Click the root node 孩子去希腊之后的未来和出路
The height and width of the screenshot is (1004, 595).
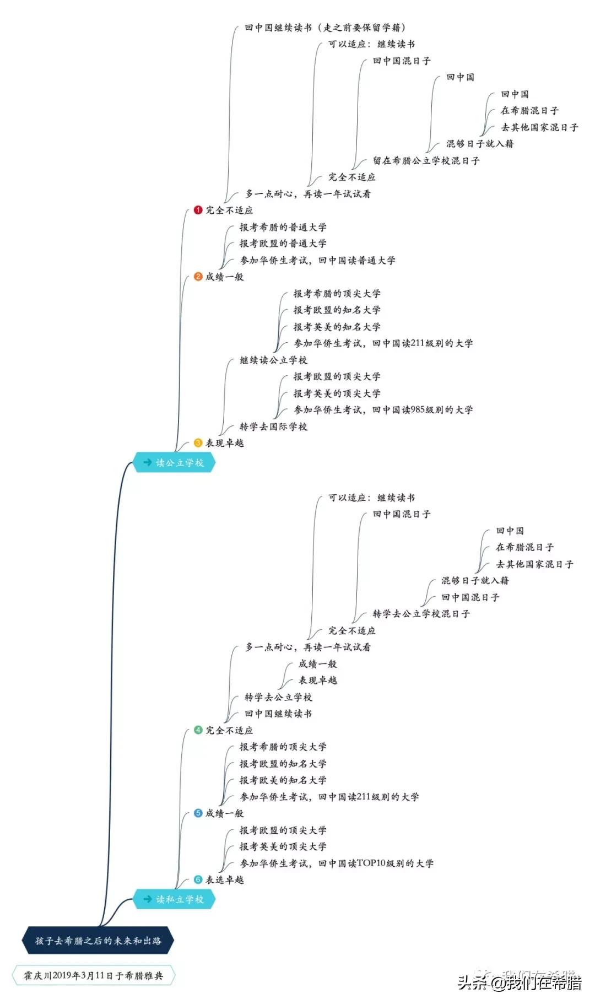click(98, 941)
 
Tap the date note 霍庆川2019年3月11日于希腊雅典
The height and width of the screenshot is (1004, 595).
click(93, 975)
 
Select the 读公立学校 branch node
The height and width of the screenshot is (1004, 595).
click(174, 462)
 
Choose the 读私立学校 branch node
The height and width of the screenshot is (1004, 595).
click(174, 899)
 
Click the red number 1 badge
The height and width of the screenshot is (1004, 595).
click(198, 210)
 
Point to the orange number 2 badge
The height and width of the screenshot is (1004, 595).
click(198, 277)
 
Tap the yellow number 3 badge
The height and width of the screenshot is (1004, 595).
click(198, 442)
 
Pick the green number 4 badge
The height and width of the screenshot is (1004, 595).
click(198, 730)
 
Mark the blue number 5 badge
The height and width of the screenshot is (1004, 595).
click(198, 813)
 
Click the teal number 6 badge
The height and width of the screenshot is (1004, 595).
click(198, 879)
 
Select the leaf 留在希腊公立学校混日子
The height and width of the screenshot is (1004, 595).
click(426, 160)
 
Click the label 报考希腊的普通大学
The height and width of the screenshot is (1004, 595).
click(283, 227)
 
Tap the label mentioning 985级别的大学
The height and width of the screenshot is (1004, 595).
click(383, 409)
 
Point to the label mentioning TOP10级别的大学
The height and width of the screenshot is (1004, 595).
click(336, 863)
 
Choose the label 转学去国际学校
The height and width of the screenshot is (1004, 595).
click(273, 427)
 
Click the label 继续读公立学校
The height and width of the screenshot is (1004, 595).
click(273, 360)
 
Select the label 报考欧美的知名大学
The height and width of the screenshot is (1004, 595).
click(283, 780)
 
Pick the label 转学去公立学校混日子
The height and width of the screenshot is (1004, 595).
click(421, 613)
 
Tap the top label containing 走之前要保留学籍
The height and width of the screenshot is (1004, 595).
click(325, 27)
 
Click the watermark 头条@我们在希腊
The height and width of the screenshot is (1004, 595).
click(519, 983)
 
